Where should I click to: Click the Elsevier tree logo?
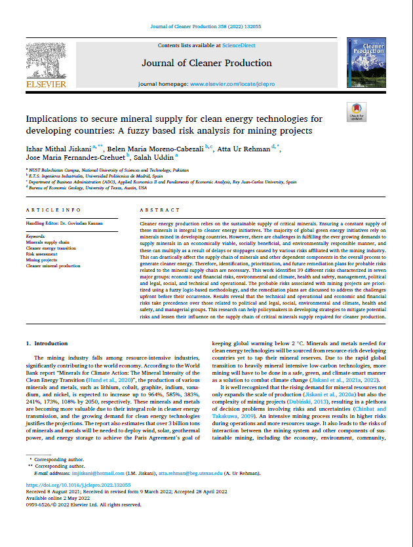tap(45, 60)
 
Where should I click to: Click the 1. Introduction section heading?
tap(47, 343)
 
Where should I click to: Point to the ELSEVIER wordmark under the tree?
tap(45, 84)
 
